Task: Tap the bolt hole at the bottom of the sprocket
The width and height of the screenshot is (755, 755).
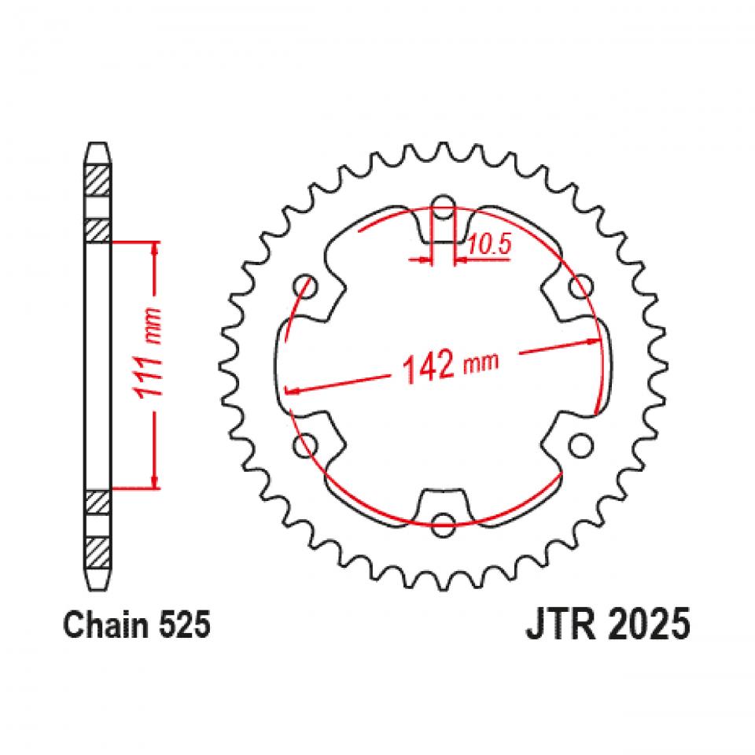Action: tap(444, 518)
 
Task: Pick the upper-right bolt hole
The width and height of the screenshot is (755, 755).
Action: tap(581, 287)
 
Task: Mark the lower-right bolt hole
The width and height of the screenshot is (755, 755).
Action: tap(581, 446)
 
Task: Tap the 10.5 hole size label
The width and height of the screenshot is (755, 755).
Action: tap(488, 246)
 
